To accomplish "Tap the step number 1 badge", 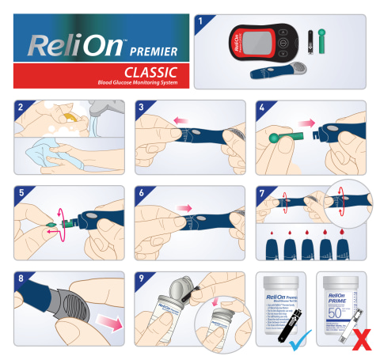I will pos(201,22).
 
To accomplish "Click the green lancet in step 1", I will pos(321,42).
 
